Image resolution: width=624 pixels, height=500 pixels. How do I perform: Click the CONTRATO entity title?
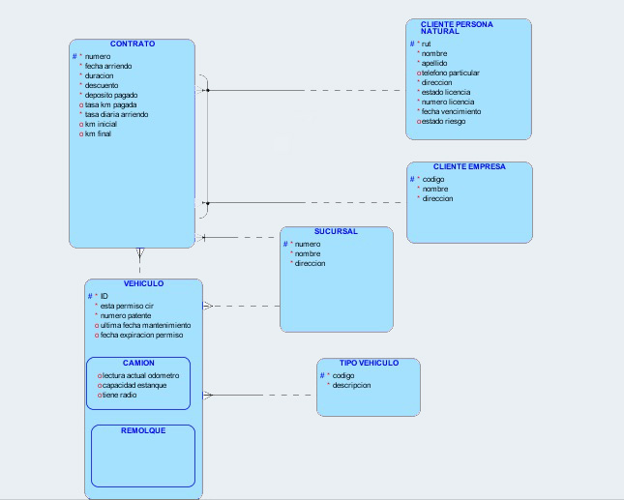pyautogui.click(x=133, y=44)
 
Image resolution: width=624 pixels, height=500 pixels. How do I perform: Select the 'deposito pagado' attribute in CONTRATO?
pyautogui.click(x=111, y=96)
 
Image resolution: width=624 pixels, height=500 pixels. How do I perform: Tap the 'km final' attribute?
pyautogui.click(x=98, y=134)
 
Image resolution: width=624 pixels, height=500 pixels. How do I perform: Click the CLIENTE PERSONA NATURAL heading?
pyautogui.click(x=457, y=27)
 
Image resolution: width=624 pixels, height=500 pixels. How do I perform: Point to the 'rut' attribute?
pyautogui.click(x=427, y=44)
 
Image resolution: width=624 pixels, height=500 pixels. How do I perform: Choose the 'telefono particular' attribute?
pyautogui.click(x=451, y=74)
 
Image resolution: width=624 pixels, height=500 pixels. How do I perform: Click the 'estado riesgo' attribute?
pyautogui.click(x=444, y=122)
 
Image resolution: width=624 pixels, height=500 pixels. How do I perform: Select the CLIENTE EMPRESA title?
pyautogui.click(x=469, y=167)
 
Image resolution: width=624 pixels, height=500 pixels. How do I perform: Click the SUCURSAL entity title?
pyautogui.click(x=336, y=232)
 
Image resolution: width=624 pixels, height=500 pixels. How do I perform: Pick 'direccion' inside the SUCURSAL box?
pyautogui.click(x=310, y=263)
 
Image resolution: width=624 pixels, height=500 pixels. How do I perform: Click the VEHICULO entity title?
pyautogui.click(x=143, y=284)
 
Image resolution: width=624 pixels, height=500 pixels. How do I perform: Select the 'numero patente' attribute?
pyautogui.click(x=129, y=315)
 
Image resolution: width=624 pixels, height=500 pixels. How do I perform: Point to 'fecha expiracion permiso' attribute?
pyautogui.click(x=141, y=336)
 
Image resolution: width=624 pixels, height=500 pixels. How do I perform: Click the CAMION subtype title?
pyautogui.click(x=138, y=364)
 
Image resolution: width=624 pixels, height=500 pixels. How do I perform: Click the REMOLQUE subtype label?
pyautogui.click(x=143, y=431)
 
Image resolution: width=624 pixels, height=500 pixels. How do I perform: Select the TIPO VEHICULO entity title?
pyautogui.click(x=369, y=364)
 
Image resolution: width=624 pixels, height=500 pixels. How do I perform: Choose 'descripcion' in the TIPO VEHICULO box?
pyautogui.click(x=351, y=385)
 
